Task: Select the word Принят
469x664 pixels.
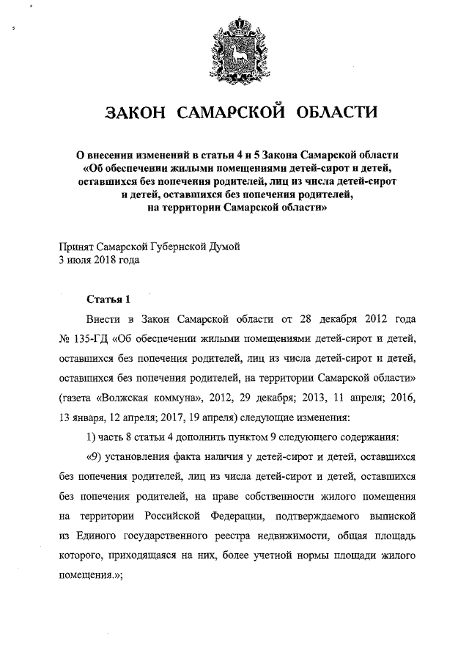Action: point(75,247)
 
